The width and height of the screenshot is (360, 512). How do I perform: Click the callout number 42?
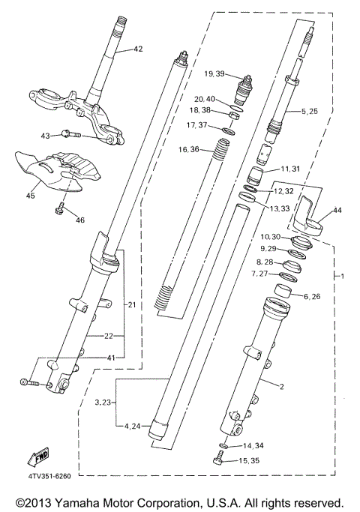[x=137, y=49]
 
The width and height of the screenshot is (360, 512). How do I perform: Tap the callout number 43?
[x=45, y=135]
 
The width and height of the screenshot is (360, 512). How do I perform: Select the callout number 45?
[x=30, y=196]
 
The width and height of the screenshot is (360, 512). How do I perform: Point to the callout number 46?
[x=80, y=220]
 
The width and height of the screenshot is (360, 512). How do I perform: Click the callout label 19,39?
[x=214, y=73]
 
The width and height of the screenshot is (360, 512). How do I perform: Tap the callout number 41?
[x=110, y=359]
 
